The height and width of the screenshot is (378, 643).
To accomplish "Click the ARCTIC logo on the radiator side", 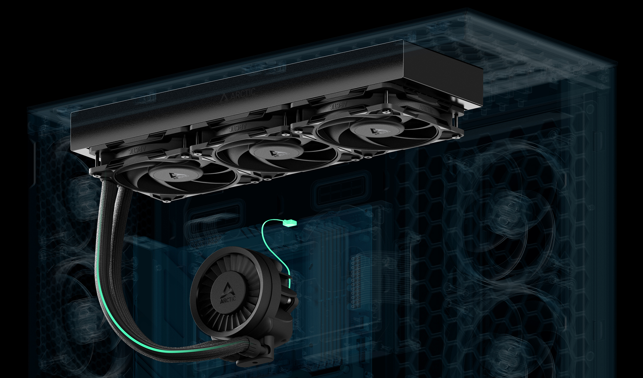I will pos(238,95).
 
